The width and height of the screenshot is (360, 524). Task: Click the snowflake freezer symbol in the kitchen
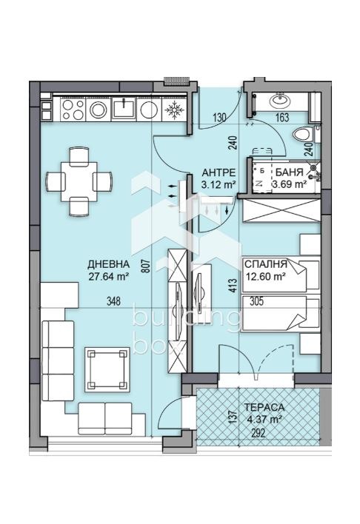pos(176,110)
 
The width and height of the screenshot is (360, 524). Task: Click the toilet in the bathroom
pos(301,135)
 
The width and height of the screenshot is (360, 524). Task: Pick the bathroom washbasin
pos(280,100)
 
